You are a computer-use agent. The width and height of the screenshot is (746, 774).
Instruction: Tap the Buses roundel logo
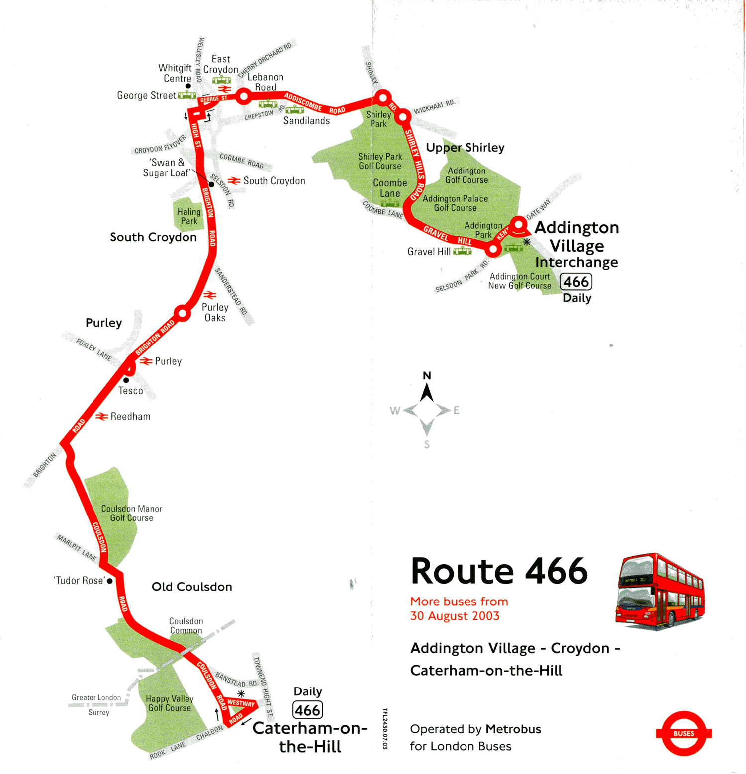[684, 733]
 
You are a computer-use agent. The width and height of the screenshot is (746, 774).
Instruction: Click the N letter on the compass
[427, 376]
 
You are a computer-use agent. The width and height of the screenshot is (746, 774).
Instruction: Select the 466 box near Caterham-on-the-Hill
[307, 710]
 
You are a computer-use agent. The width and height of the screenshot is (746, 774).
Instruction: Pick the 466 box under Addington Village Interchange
[576, 282]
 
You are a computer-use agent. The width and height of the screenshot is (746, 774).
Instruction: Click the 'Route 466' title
[499, 571]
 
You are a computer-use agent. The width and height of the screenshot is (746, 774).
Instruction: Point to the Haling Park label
[189, 216]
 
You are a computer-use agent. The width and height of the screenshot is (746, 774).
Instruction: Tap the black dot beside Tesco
[126, 380]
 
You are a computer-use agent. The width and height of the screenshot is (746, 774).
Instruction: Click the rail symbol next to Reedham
[101, 416]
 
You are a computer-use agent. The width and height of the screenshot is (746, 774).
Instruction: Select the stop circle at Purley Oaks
[183, 313]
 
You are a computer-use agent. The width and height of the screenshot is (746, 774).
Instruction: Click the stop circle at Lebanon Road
[244, 96]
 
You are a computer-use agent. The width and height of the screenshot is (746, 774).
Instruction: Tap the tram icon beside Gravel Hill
[462, 251]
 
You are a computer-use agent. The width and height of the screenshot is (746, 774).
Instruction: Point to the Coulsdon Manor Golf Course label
[131, 513]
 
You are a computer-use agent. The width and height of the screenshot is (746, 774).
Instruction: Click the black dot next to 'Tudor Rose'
[110, 581]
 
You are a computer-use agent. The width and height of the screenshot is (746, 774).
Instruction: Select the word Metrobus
[513, 729]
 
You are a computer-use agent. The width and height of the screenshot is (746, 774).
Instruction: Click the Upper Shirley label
[465, 148]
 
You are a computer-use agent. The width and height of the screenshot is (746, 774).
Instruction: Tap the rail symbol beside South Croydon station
[234, 181]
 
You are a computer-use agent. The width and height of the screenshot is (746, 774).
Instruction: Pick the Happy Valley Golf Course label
[170, 703]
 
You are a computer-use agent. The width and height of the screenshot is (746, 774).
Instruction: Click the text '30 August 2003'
[455, 616]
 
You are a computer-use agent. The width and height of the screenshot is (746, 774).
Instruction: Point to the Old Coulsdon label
[191, 587]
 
